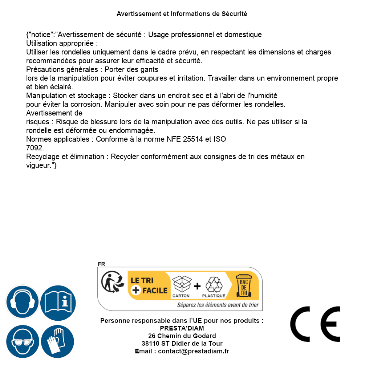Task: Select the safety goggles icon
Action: [x=23, y=341]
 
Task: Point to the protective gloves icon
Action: [x=57, y=341]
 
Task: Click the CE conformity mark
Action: [x=315, y=324]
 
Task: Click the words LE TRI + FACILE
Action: [x=149, y=285]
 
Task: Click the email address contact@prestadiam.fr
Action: [x=194, y=351]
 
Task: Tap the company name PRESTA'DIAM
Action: [x=182, y=328]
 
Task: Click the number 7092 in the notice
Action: [x=34, y=148]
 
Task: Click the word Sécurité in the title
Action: [x=234, y=14]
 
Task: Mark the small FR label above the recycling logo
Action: [x=101, y=264]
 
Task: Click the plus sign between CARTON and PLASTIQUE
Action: [x=197, y=286]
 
